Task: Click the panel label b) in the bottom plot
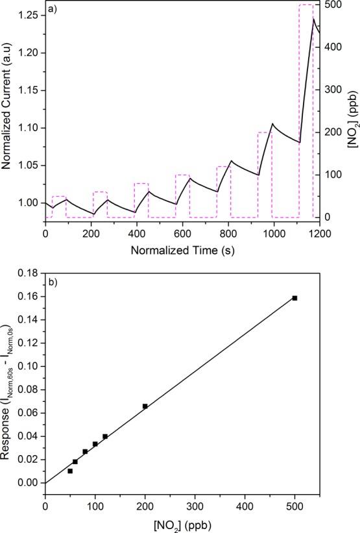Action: pyautogui.click(x=52, y=284)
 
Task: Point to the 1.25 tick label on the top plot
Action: pyautogui.click(x=27, y=15)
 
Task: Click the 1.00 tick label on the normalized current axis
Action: pyautogui.click(x=27, y=203)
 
